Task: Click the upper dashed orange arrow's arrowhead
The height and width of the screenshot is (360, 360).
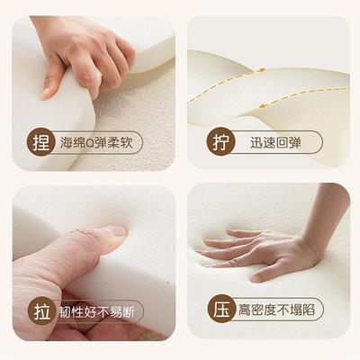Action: click(262, 69)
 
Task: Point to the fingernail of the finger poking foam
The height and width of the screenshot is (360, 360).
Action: click(114, 230)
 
